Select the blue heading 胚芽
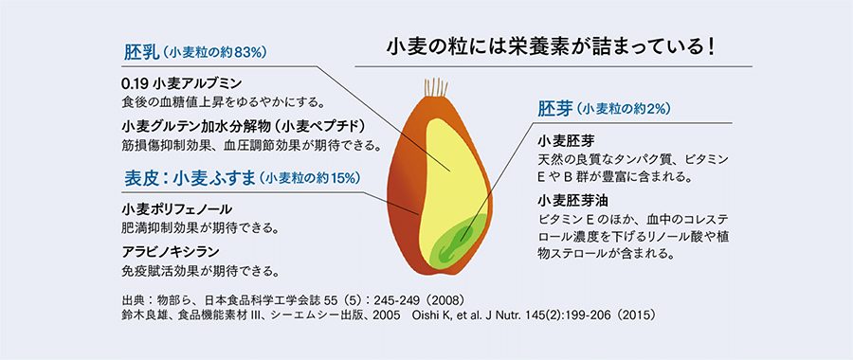[x=555, y=108]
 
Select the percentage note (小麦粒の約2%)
[x=624, y=109]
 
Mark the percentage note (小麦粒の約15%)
[x=312, y=178]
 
